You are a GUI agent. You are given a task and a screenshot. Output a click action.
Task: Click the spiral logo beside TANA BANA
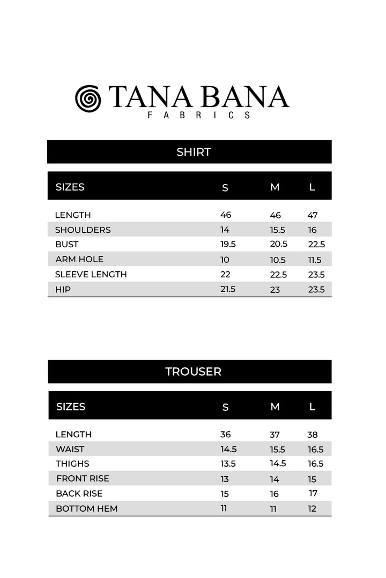[88, 98]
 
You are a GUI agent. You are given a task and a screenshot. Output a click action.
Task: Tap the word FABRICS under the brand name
[199, 115]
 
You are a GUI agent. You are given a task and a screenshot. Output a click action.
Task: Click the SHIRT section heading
[194, 152]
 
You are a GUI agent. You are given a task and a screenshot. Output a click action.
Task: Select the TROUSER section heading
[193, 371]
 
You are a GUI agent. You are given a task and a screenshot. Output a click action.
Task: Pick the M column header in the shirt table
[275, 187]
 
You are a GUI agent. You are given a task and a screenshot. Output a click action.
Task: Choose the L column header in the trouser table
[312, 407]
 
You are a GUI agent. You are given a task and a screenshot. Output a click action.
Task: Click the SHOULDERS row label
[83, 230]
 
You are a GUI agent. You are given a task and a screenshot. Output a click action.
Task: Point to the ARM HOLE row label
[79, 259]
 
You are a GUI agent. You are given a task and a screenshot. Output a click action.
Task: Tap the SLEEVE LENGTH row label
[91, 274]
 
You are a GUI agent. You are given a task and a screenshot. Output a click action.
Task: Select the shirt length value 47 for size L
[313, 215]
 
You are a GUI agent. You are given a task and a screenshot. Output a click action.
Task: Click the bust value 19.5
[228, 244]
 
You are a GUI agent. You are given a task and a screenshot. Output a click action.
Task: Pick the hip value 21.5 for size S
[228, 289]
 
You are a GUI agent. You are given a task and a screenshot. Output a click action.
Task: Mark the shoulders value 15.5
[278, 230]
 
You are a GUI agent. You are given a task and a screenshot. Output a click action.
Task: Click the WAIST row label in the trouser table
[70, 449]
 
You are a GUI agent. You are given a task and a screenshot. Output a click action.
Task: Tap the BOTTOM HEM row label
[86, 508]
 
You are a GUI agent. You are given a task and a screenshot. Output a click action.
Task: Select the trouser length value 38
[313, 435]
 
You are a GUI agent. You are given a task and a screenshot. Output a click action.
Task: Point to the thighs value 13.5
[228, 463]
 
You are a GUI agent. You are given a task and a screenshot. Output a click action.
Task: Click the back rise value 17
[313, 493]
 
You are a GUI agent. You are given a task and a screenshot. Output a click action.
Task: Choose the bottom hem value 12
[312, 508]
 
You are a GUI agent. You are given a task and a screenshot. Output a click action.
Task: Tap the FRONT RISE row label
[83, 478]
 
